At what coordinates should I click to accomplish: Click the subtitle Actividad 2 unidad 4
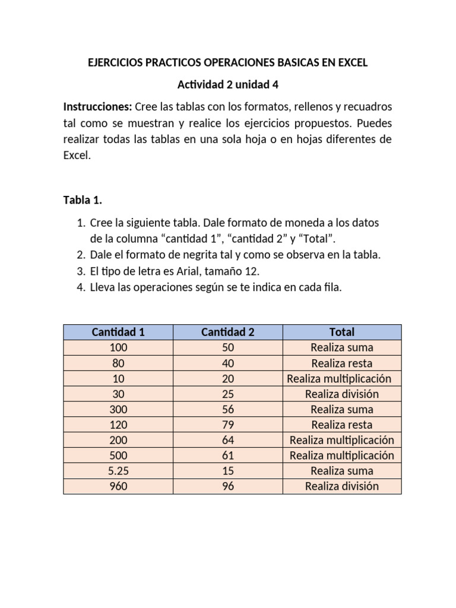pyautogui.click(x=228, y=85)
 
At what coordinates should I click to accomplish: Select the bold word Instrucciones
pyautogui.click(x=97, y=107)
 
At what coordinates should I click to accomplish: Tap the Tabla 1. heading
pyautogui.click(x=83, y=200)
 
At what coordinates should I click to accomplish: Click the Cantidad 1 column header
pyautogui.click(x=118, y=332)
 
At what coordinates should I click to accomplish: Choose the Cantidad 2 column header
pyautogui.click(x=228, y=332)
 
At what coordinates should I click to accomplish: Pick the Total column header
pyautogui.click(x=342, y=332)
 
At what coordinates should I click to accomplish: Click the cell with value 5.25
pyautogui.click(x=118, y=471)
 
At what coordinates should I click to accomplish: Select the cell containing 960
pyautogui.click(x=118, y=486)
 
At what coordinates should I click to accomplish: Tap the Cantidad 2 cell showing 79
pyautogui.click(x=228, y=425)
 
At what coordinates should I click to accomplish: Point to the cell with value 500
pyautogui.click(x=118, y=455)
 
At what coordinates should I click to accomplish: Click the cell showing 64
pyautogui.click(x=228, y=440)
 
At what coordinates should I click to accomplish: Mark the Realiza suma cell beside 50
pyautogui.click(x=342, y=347)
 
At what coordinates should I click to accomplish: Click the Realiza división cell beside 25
pyautogui.click(x=342, y=394)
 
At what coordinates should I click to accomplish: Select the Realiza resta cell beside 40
pyautogui.click(x=342, y=363)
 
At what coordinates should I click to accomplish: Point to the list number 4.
pyautogui.click(x=81, y=287)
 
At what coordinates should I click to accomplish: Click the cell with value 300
pyautogui.click(x=118, y=409)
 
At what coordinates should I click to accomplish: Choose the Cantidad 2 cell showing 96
pyautogui.click(x=228, y=486)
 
